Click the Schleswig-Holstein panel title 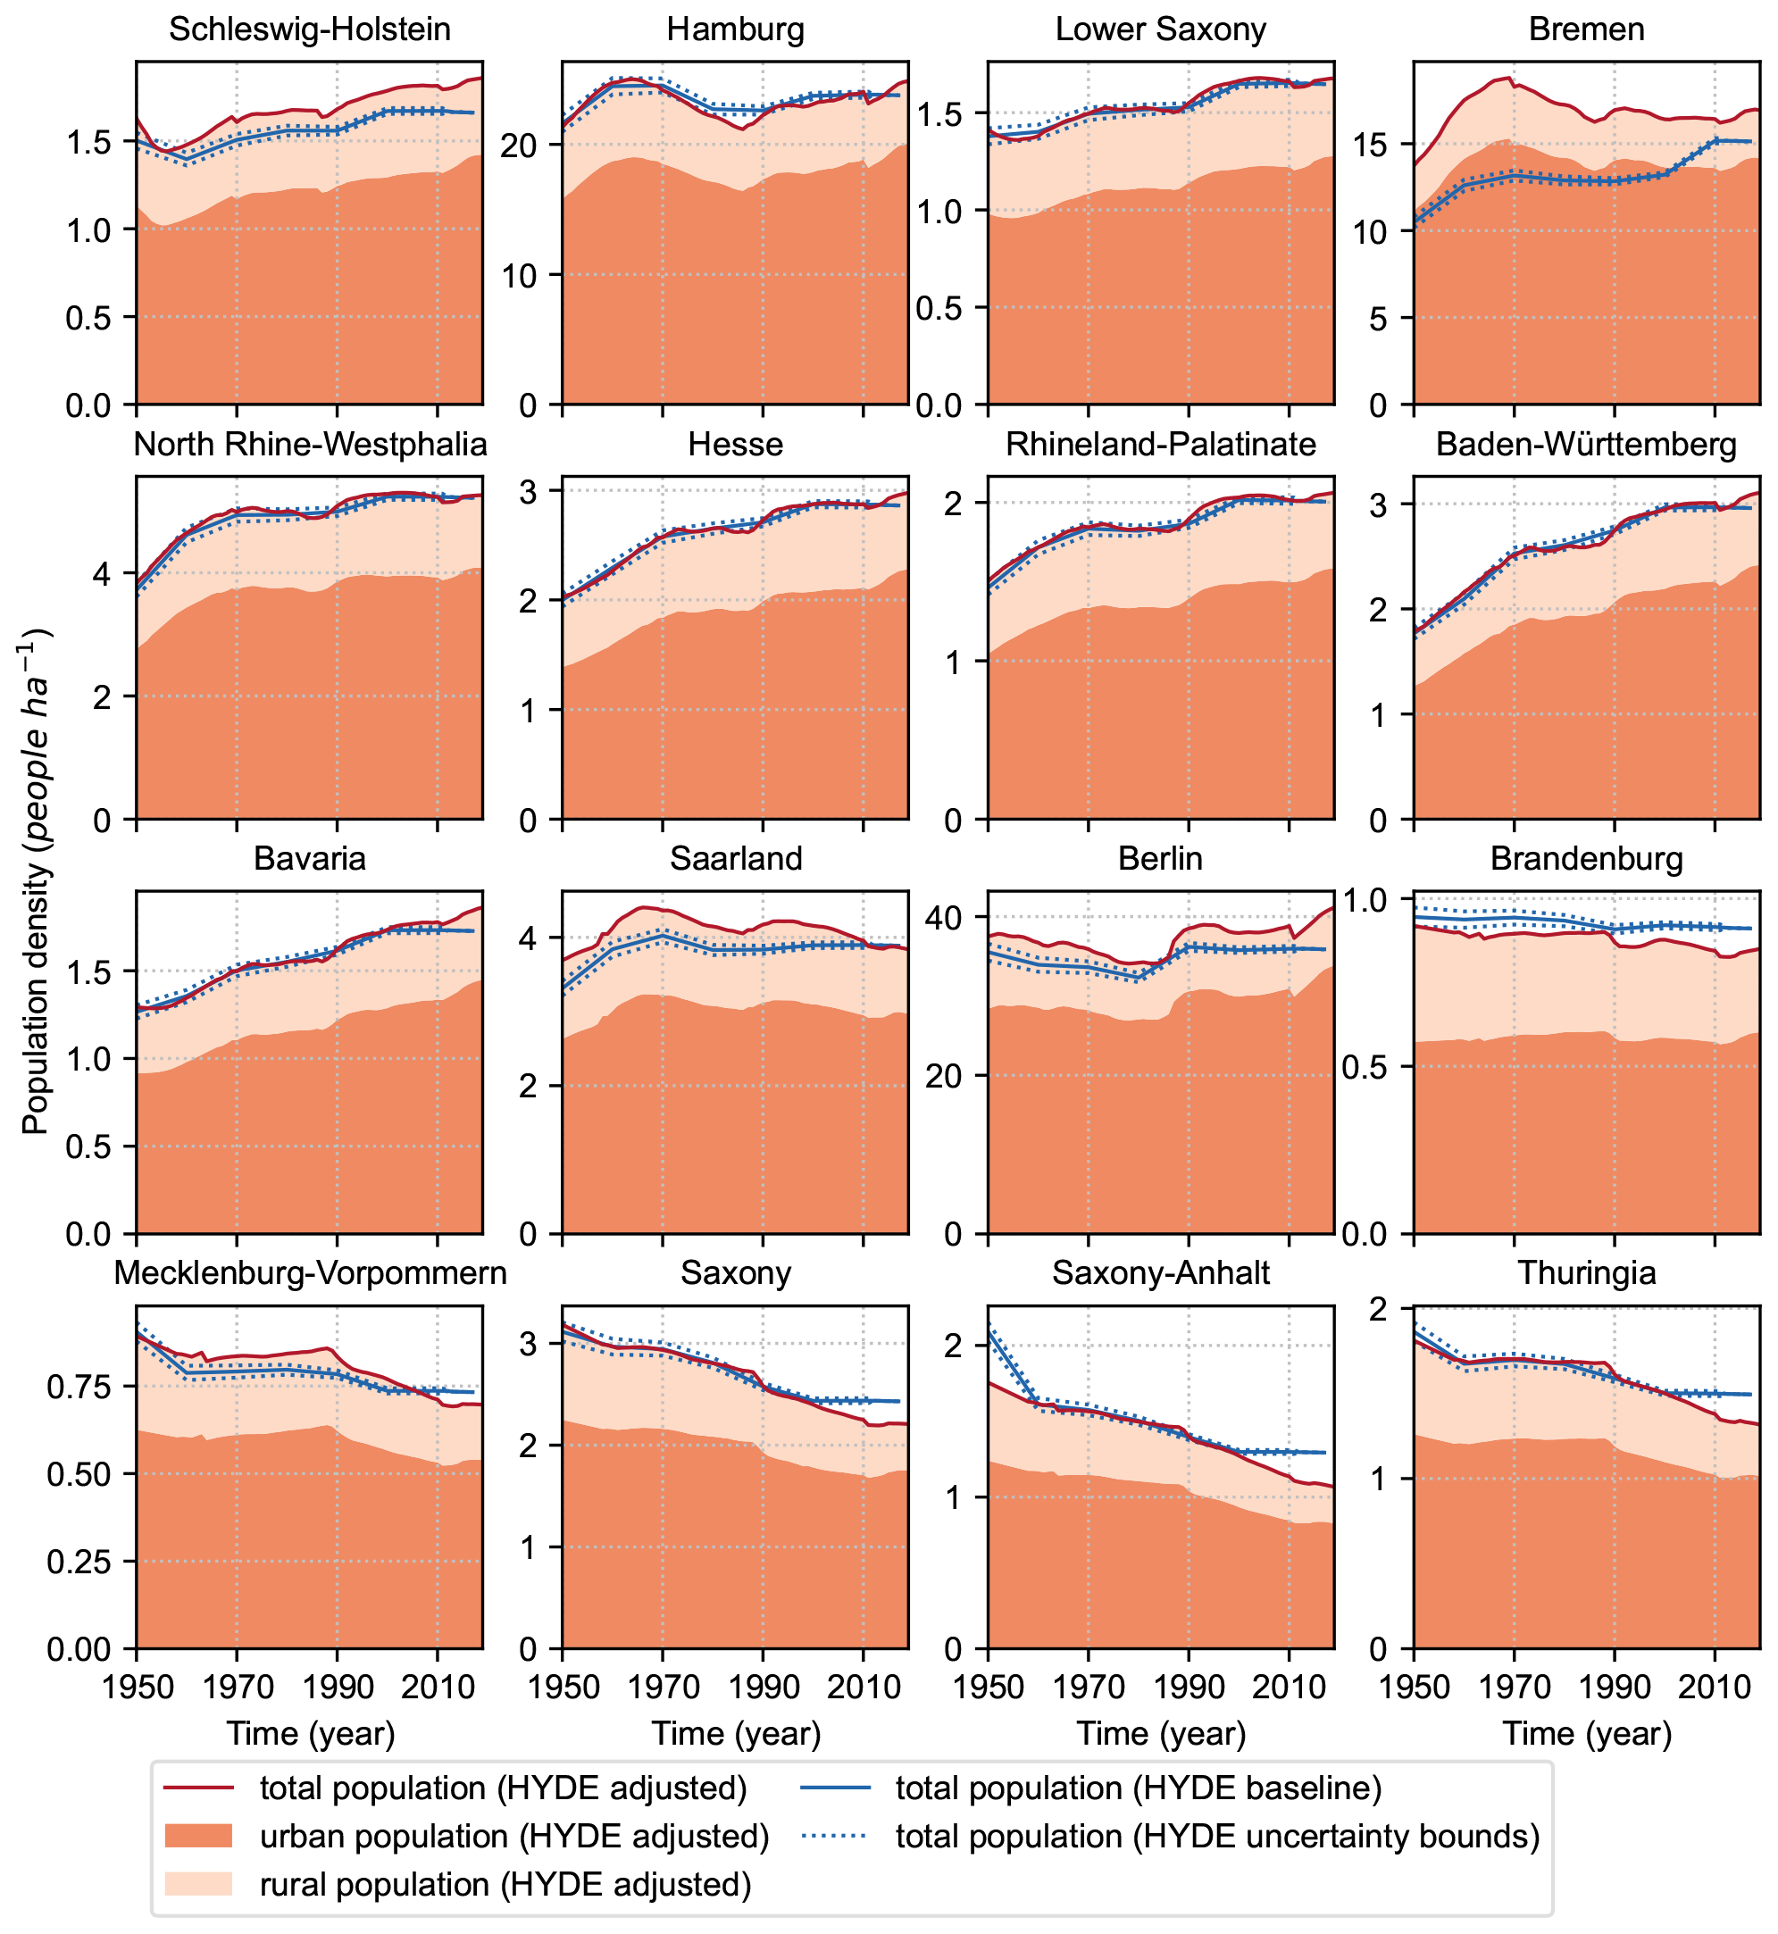click(x=310, y=29)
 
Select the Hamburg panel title click(x=735, y=29)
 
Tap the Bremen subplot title click(x=1587, y=29)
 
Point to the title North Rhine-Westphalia click(x=310, y=445)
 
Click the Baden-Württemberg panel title click(x=1587, y=445)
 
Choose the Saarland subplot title click(x=735, y=858)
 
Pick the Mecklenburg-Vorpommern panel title click(x=310, y=1273)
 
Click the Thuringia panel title click(x=1587, y=1273)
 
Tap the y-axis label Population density click(x=35, y=880)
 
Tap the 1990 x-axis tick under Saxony click(x=763, y=1687)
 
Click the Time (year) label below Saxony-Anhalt click(x=1161, y=1733)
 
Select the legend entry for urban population click(x=513, y=1836)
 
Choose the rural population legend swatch click(x=198, y=1884)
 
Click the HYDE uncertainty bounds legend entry click(x=1217, y=1836)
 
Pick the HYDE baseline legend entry click(x=1139, y=1788)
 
